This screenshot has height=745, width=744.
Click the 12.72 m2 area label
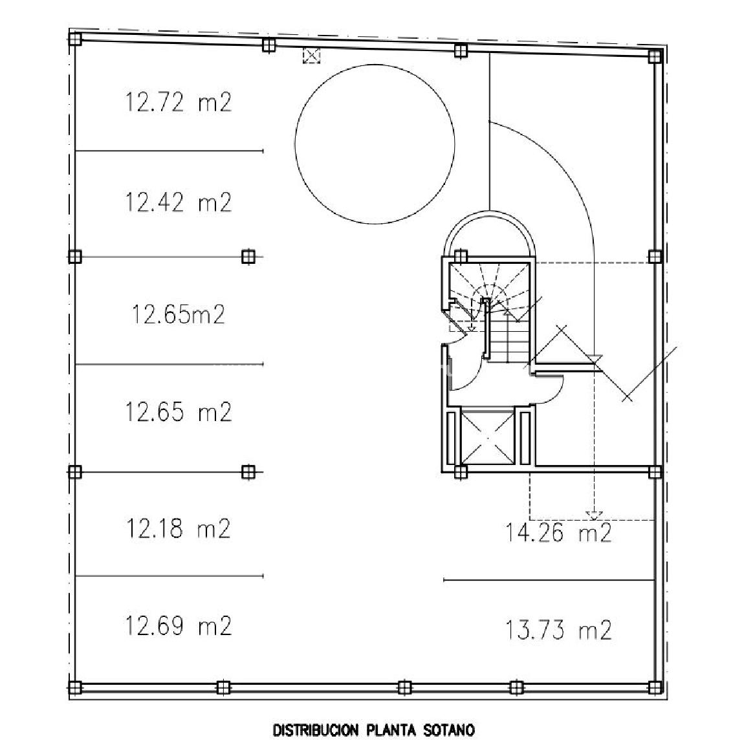(179, 102)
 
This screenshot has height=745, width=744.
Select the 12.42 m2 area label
(179, 202)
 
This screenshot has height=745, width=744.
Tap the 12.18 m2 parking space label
(179, 528)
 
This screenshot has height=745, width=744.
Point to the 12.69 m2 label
(179, 626)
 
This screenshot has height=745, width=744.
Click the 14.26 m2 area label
(558, 533)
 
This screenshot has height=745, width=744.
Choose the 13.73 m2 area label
(558, 631)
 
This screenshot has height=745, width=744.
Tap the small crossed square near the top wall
(311, 56)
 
